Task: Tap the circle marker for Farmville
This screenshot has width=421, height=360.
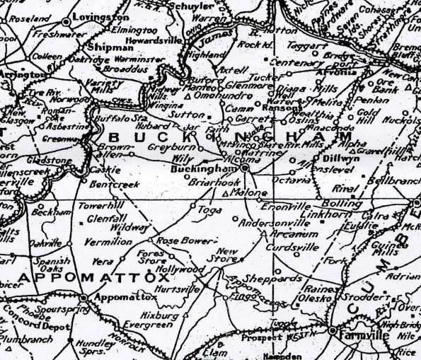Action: [332, 330]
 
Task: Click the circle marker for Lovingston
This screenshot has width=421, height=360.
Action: [67, 23]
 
